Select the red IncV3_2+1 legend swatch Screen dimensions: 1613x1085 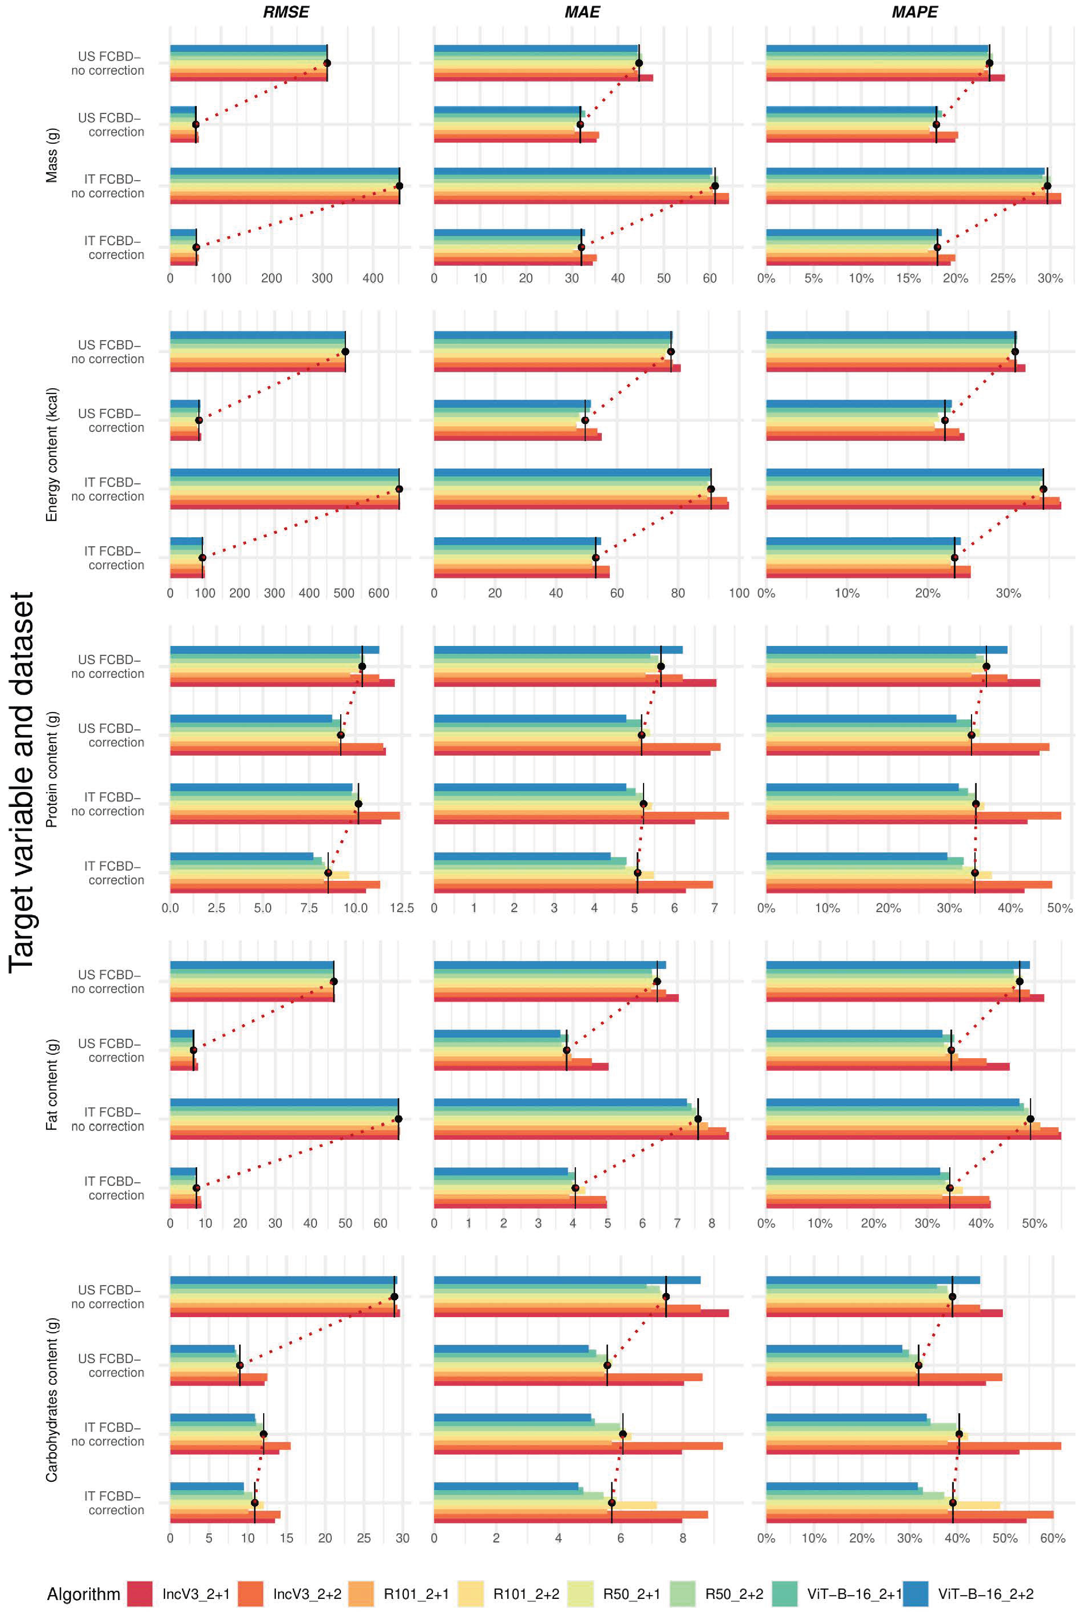pyautogui.click(x=140, y=1594)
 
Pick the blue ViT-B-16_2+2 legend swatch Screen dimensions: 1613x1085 pyautogui.click(x=915, y=1594)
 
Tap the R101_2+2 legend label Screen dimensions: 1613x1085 pyautogui.click(x=526, y=1594)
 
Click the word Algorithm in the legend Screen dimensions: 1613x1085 pyautogui.click(x=83, y=1594)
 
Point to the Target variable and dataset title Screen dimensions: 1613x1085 pyautogui.click(x=22, y=782)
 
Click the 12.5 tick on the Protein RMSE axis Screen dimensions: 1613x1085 pyautogui.click(x=401, y=908)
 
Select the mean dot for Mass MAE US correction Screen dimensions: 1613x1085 pyautogui.click(x=580, y=125)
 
